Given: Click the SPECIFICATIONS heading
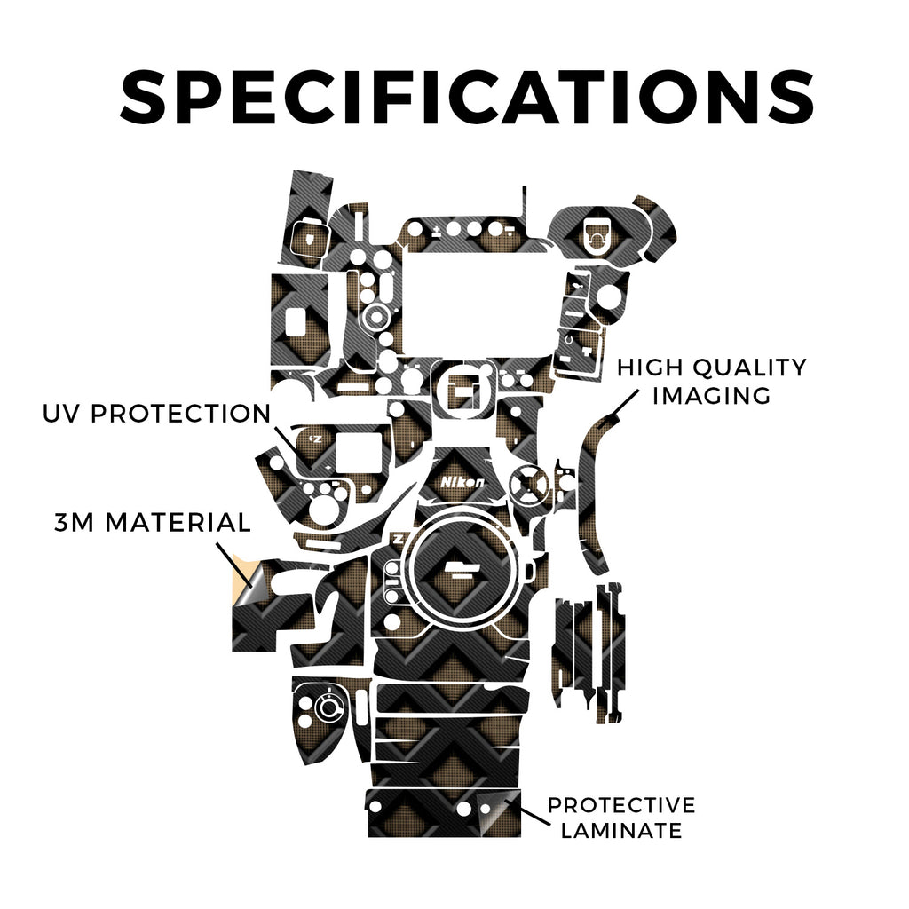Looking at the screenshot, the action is pyautogui.click(x=467, y=96).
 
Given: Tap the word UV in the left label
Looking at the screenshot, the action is pyautogui.click(x=61, y=414).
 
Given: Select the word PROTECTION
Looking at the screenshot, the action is pyautogui.click(x=181, y=414).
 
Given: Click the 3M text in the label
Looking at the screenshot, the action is pyautogui.click(x=75, y=522).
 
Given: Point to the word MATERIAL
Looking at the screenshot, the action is pyautogui.click(x=178, y=522).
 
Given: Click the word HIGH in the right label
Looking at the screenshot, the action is pyautogui.click(x=650, y=368).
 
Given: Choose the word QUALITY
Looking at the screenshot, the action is pyautogui.click(x=749, y=368).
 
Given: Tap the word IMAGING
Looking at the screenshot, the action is pyautogui.click(x=711, y=395).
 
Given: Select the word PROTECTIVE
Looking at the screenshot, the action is pyautogui.click(x=620, y=805).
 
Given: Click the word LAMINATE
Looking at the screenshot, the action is pyautogui.click(x=620, y=830).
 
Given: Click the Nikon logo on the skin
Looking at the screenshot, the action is pyautogui.click(x=462, y=482).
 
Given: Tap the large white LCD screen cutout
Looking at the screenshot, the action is pyautogui.click(x=476, y=304).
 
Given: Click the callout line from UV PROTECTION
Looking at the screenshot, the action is pyautogui.click(x=293, y=447).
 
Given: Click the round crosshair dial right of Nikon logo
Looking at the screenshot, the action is pyautogui.click(x=528, y=483).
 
